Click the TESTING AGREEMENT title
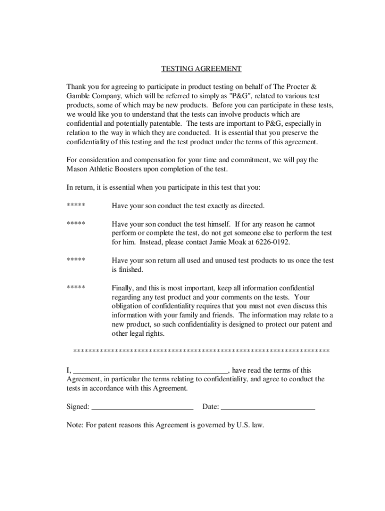[x=201, y=68]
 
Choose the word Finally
[x=123, y=288]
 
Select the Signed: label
[x=78, y=407]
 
